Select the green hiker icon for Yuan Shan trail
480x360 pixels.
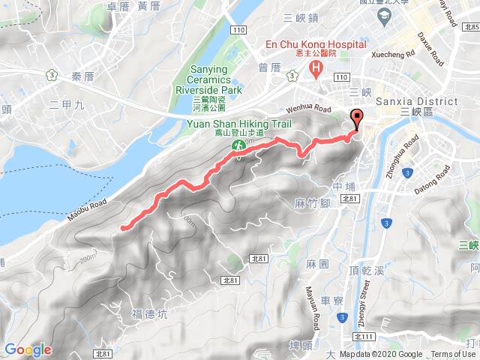point(238,145)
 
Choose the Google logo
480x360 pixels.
point(28,349)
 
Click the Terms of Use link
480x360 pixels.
point(453,355)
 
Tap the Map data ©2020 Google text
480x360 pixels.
point(380,355)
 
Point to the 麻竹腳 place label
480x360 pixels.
point(313,203)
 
